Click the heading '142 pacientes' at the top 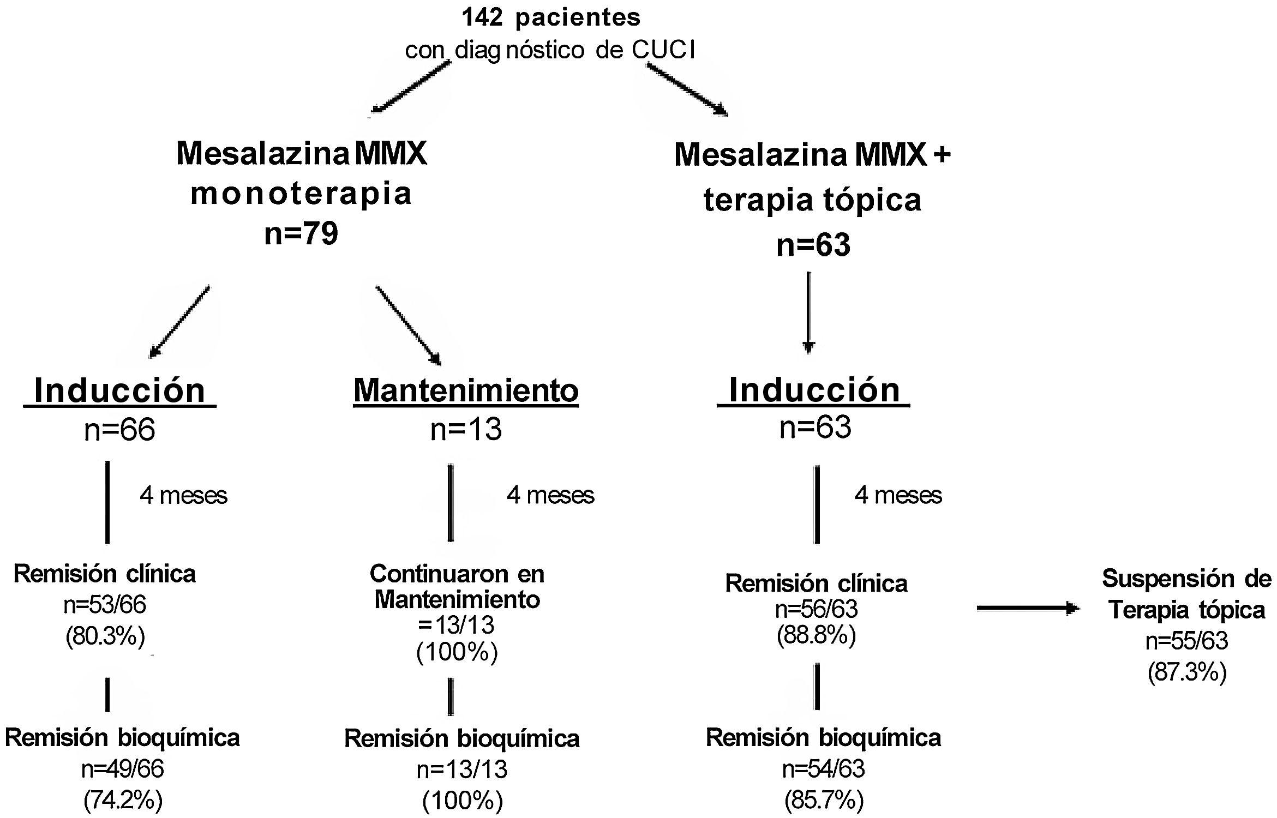pyautogui.click(x=551, y=17)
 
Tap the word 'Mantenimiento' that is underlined pyautogui.click(x=466, y=390)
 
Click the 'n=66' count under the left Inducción pyautogui.click(x=119, y=430)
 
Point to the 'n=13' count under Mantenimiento pyautogui.click(x=466, y=430)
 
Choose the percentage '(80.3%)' pyautogui.click(x=105, y=636)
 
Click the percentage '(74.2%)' pyautogui.click(x=123, y=800)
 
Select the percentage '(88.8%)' pyautogui.click(x=816, y=635)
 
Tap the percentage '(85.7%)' pyautogui.click(x=824, y=800)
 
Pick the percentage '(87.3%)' pyautogui.click(x=1187, y=672)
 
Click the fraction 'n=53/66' pyautogui.click(x=105, y=605)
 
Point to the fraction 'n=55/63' pyautogui.click(x=1187, y=641)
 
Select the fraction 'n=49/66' pyautogui.click(x=123, y=769)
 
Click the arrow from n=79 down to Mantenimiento pyautogui.click(x=408, y=325)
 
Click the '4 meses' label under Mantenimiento pyautogui.click(x=550, y=495)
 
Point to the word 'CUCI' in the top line pyautogui.click(x=663, y=50)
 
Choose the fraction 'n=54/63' pyautogui.click(x=824, y=769)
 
